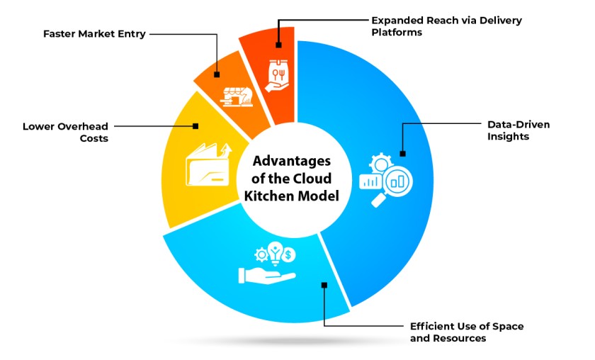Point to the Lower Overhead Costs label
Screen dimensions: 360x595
tap(65, 133)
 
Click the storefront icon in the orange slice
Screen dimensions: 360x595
tap(237, 97)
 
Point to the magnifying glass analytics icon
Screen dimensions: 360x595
tap(386, 179)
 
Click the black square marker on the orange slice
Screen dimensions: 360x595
tap(217, 74)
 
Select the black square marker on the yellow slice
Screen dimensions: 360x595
tap(195, 126)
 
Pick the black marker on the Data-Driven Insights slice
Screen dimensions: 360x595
tap(403, 153)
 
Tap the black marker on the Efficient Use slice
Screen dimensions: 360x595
tap(324, 285)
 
